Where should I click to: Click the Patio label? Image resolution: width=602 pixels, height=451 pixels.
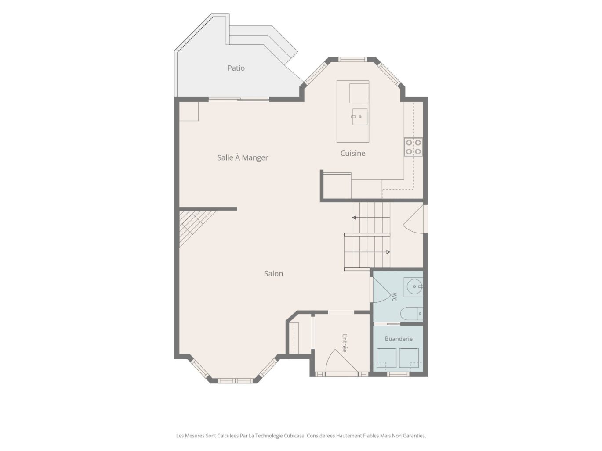click(x=236, y=68)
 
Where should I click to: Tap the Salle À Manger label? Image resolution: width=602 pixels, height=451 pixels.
click(x=243, y=158)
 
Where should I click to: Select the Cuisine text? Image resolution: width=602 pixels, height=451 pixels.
click(x=353, y=154)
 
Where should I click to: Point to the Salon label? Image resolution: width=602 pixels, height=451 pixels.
click(x=273, y=274)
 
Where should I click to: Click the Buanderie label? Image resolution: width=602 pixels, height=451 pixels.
click(x=399, y=339)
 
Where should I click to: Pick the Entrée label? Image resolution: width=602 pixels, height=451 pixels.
click(x=345, y=343)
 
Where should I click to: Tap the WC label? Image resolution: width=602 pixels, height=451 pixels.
click(x=394, y=297)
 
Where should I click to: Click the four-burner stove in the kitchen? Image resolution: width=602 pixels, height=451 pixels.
click(x=413, y=147)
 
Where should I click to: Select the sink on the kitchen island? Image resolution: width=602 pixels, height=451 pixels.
click(x=359, y=117)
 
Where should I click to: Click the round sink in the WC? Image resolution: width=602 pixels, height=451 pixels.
click(x=413, y=287)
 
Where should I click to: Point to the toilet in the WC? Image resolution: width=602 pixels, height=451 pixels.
click(x=411, y=314)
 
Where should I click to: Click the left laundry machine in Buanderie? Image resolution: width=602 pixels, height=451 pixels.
click(x=386, y=358)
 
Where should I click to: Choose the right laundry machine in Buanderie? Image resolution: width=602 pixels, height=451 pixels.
click(x=409, y=358)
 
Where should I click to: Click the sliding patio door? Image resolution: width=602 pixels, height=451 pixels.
click(x=239, y=99)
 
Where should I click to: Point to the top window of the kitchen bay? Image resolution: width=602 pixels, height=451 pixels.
click(x=352, y=59)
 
